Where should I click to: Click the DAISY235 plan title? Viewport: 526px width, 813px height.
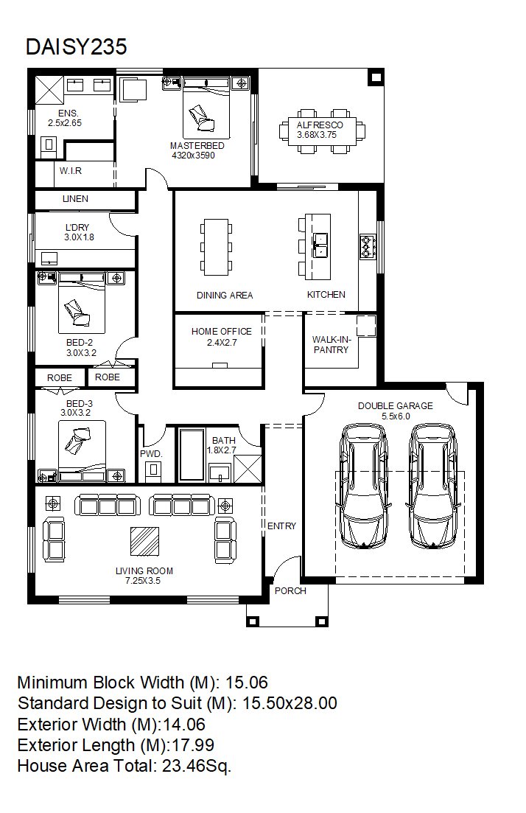[x=76, y=46]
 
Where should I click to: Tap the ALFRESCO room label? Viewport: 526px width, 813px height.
[x=320, y=125]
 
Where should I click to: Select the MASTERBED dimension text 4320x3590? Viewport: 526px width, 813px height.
[x=193, y=156]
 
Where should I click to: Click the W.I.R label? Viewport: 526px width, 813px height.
[x=71, y=170]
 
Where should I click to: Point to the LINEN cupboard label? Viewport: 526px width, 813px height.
[x=75, y=198]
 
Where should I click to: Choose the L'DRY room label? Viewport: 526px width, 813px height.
[x=77, y=227]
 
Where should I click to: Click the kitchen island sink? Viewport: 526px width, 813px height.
[x=320, y=245]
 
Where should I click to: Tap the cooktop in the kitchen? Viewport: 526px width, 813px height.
[x=368, y=246]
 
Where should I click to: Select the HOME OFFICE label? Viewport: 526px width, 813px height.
[x=221, y=332]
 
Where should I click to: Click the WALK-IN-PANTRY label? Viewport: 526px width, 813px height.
[x=332, y=345]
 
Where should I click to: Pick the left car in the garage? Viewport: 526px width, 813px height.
[x=362, y=486]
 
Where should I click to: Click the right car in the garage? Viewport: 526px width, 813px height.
[x=433, y=486]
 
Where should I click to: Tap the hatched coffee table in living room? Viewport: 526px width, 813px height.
[x=144, y=541]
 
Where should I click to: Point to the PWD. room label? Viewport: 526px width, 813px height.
[x=151, y=454]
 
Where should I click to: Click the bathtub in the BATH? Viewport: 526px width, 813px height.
[x=192, y=454]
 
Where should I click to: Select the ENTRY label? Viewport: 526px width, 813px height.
[x=281, y=526]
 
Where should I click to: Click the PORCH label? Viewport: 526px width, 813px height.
[x=290, y=590]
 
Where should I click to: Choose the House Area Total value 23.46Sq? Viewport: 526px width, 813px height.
[x=197, y=767]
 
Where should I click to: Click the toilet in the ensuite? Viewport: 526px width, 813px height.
[x=49, y=145]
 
